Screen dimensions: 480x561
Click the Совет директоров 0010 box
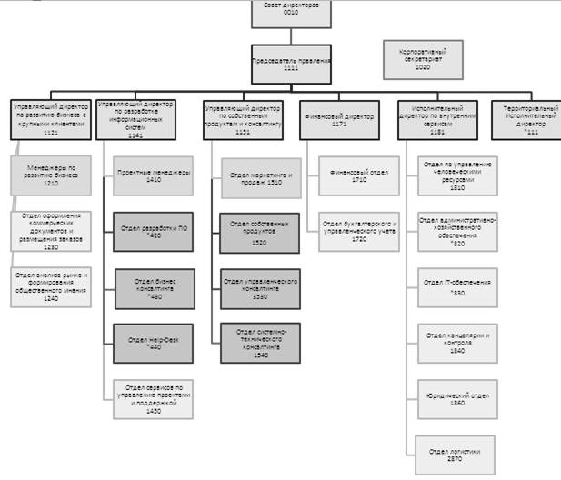[291, 12]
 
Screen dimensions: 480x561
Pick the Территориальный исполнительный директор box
[526, 120]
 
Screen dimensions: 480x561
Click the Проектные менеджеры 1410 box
[154, 175]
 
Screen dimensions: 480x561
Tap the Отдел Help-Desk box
[154, 343]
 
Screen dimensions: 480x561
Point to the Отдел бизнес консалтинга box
[154, 288]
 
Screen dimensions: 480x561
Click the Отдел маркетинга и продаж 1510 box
[260, 177]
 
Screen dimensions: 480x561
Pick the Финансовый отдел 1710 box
[358, 176]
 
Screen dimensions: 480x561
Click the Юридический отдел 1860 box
[458, 398]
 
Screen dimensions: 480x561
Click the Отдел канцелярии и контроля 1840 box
[458, 343]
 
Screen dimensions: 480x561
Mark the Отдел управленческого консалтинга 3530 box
[260, 288]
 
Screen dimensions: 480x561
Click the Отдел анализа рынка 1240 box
[51, 286]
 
